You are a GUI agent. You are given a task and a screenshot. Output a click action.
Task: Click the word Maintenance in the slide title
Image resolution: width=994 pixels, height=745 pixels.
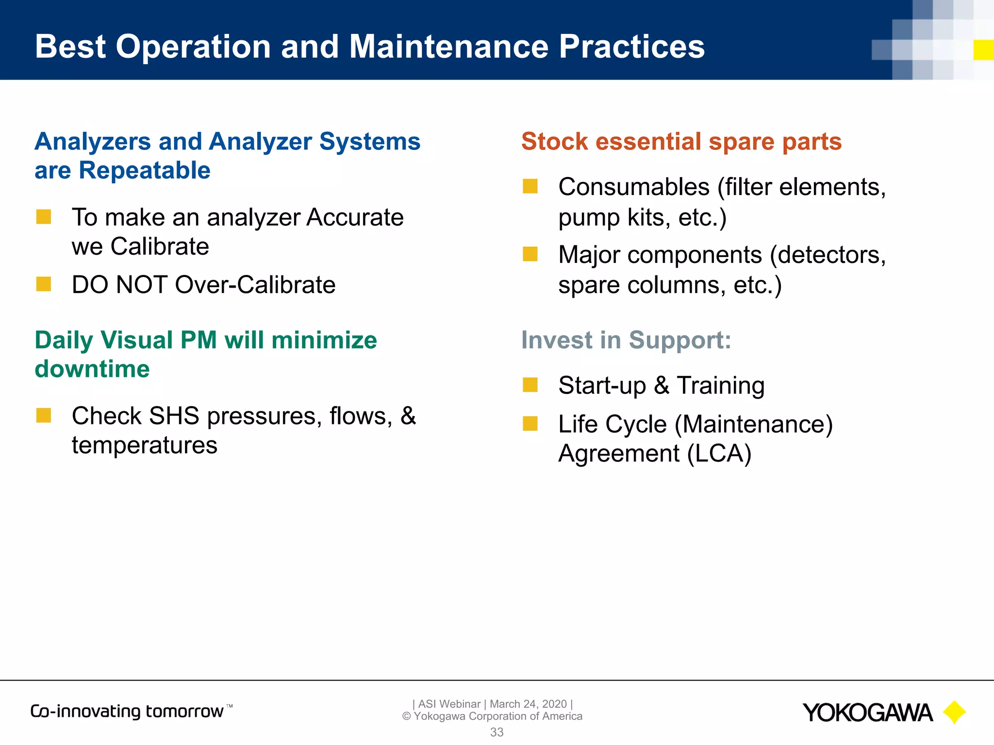tap(448, 47)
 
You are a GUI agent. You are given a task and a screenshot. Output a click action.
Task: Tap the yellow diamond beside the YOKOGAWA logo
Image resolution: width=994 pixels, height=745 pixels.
tap(954, 713)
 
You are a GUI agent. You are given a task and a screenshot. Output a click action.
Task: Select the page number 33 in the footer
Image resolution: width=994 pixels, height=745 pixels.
tap(497, 732)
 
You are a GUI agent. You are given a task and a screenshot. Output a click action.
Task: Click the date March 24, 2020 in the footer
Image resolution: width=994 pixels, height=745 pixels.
tap(528, 704)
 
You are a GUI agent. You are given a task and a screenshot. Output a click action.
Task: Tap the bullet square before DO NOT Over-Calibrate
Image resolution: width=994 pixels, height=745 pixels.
tap(44, 284)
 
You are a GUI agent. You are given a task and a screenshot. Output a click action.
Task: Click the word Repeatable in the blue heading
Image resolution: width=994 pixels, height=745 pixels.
tap(145, 171)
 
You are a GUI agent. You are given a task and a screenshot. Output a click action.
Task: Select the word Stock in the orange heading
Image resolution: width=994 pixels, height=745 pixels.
tap(555, 142)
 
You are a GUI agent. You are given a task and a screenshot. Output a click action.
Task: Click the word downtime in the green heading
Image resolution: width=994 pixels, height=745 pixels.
tap(92, 369)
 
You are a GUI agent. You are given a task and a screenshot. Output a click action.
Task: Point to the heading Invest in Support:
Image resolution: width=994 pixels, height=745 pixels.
tap(626, 340)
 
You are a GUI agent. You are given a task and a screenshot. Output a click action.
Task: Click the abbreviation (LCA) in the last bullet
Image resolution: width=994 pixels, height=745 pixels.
tap(719, 454)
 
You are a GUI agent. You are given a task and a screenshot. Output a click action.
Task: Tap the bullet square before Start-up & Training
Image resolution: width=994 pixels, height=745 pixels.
tap(530, 385)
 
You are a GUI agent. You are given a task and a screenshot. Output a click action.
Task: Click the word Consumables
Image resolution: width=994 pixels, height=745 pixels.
tap(634, 187)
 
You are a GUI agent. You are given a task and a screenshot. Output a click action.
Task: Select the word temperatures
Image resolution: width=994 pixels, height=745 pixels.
tap(145, 445)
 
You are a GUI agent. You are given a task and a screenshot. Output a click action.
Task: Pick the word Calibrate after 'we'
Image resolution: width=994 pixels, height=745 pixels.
tap(160, 247)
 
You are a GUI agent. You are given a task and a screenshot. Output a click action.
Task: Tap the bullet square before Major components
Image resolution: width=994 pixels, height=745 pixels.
tap(530, 254)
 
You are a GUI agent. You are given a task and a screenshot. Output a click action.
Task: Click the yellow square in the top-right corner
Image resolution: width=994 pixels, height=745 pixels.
tap(983, 50)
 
